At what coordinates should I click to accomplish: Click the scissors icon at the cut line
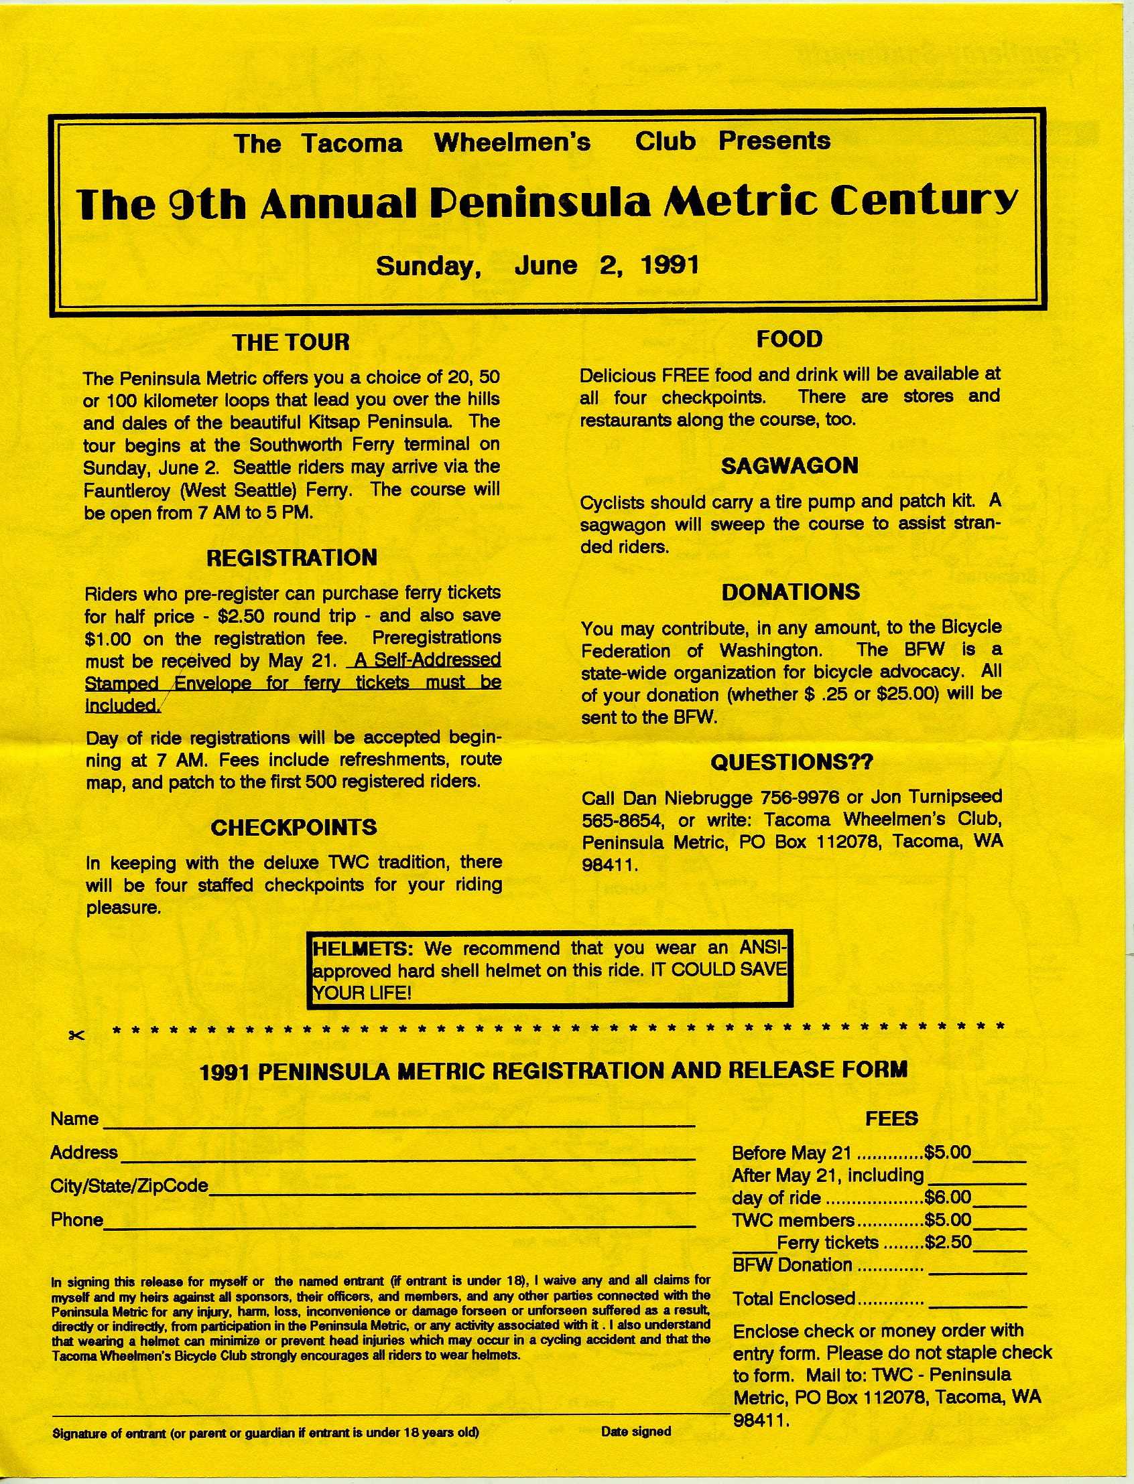76,1035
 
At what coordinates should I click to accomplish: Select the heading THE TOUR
291,343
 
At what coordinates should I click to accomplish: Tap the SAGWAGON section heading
789,466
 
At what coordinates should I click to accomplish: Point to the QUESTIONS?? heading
792,762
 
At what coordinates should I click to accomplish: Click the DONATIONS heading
790,592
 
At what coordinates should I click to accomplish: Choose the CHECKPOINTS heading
294,828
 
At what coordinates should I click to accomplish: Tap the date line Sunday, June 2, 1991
538,266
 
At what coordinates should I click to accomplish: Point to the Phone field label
76,1219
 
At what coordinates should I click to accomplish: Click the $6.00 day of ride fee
948,1198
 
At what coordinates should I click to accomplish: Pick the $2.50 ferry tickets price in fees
948,1242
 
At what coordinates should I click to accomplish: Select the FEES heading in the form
891,1119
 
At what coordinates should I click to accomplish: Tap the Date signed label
636,1431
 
